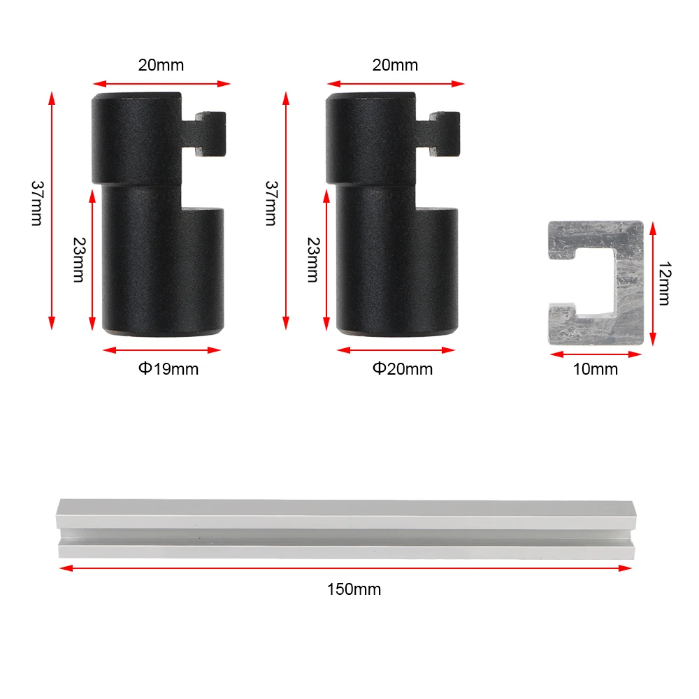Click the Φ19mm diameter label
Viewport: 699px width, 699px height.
[168, 368]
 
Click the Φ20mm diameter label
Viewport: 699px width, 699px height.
[402, 368]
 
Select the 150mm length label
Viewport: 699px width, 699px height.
[354, 589]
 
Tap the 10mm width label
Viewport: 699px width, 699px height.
[596, 369]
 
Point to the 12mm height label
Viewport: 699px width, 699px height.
[663, 283]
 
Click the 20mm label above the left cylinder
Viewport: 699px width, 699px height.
[161, 65]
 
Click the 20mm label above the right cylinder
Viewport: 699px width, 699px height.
[395, 65]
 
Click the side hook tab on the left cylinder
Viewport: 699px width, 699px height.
[210, 133]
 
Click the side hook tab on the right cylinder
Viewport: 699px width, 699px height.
[444, 133]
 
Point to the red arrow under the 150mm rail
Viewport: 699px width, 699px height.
[346, 568]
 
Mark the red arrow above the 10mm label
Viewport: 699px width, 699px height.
[596, 354]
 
